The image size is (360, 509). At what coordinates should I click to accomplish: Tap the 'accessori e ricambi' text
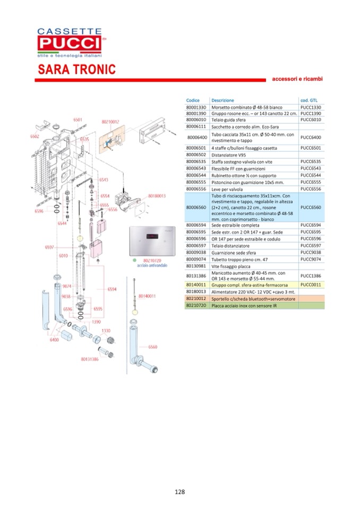pos(297,79)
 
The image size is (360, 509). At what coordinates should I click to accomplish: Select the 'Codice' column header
pos(193,100)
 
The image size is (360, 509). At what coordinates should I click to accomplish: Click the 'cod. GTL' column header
pos(308,100)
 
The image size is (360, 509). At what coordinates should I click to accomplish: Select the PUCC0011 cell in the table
pos(310,284)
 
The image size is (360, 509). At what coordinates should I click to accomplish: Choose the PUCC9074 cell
pos(310,259)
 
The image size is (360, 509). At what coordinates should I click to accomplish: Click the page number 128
pos(179,491)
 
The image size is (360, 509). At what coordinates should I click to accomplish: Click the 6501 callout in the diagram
pos(78,120)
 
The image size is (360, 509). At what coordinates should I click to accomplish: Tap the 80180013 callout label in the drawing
pos(157,195)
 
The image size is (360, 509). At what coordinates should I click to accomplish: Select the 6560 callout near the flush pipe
pos(152,347)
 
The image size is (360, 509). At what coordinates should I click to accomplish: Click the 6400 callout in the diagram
pos(54,339)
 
